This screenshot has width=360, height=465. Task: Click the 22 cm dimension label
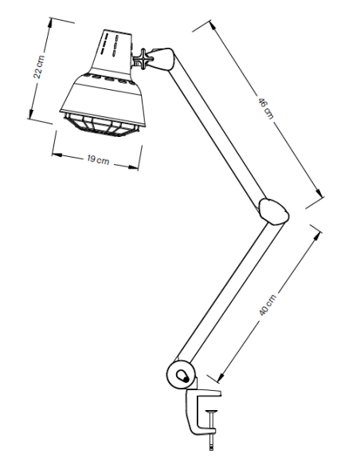coord(39,67)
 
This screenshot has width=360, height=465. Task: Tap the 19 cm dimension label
coord(98,160)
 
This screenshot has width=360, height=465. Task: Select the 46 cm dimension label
coord(266,108)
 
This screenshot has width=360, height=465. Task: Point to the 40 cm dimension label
coord(268,305)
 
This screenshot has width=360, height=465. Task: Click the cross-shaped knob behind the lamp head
coord(143,59)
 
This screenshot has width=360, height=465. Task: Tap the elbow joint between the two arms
coord(273,212)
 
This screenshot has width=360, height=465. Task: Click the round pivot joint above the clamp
coord(181,374)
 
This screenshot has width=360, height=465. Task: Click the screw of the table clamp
coord(211,430)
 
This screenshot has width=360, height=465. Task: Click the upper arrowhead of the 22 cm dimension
coord(49,23)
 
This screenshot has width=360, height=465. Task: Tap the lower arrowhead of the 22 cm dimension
coord(31,114)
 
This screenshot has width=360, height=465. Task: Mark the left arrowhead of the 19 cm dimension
coord(57,154)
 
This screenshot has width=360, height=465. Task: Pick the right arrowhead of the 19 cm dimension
coord(133,167)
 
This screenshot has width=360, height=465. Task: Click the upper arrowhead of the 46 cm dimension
coord(213,25)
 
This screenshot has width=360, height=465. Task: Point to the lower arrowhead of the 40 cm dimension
coord(221,376)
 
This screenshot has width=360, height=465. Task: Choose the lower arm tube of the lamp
coord(230,292)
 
